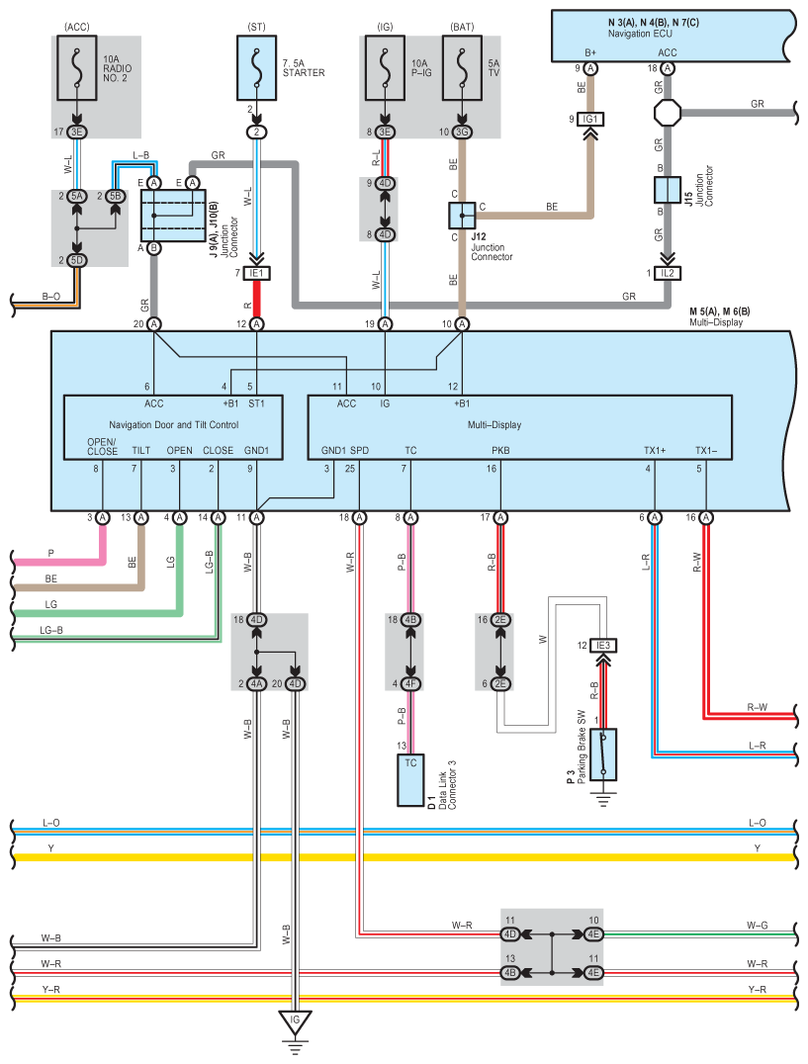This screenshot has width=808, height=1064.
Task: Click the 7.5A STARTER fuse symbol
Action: click(256, 68)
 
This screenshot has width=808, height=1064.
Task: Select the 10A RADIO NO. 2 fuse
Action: click(77, 68)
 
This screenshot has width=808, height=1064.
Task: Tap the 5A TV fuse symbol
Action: click(462, 68)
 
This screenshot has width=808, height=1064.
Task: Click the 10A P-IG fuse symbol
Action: click(385, 68)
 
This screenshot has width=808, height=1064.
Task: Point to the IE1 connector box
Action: click(256, 273)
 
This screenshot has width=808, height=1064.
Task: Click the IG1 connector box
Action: click(590, 120)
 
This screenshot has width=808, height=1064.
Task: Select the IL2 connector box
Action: click(668, 273)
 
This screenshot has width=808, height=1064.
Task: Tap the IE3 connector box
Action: click(603, 646)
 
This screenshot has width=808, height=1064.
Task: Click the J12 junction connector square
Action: click(462, 216)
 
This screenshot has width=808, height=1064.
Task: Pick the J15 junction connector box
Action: click(668, 190)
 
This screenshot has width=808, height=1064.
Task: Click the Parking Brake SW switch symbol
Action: click(603, 754)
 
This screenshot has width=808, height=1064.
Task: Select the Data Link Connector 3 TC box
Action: click(410, 780)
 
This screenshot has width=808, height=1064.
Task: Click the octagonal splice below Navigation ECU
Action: click(668, 113)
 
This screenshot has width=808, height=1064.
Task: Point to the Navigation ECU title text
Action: click(640, 34)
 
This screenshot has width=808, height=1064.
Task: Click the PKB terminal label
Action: click(500, 450)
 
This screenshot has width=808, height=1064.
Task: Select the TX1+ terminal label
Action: click(655, 450)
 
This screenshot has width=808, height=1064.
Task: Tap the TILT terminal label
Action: click(141, 450)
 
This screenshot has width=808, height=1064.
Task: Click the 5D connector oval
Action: click(77, 261)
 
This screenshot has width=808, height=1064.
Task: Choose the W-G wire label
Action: click(758, 925)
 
